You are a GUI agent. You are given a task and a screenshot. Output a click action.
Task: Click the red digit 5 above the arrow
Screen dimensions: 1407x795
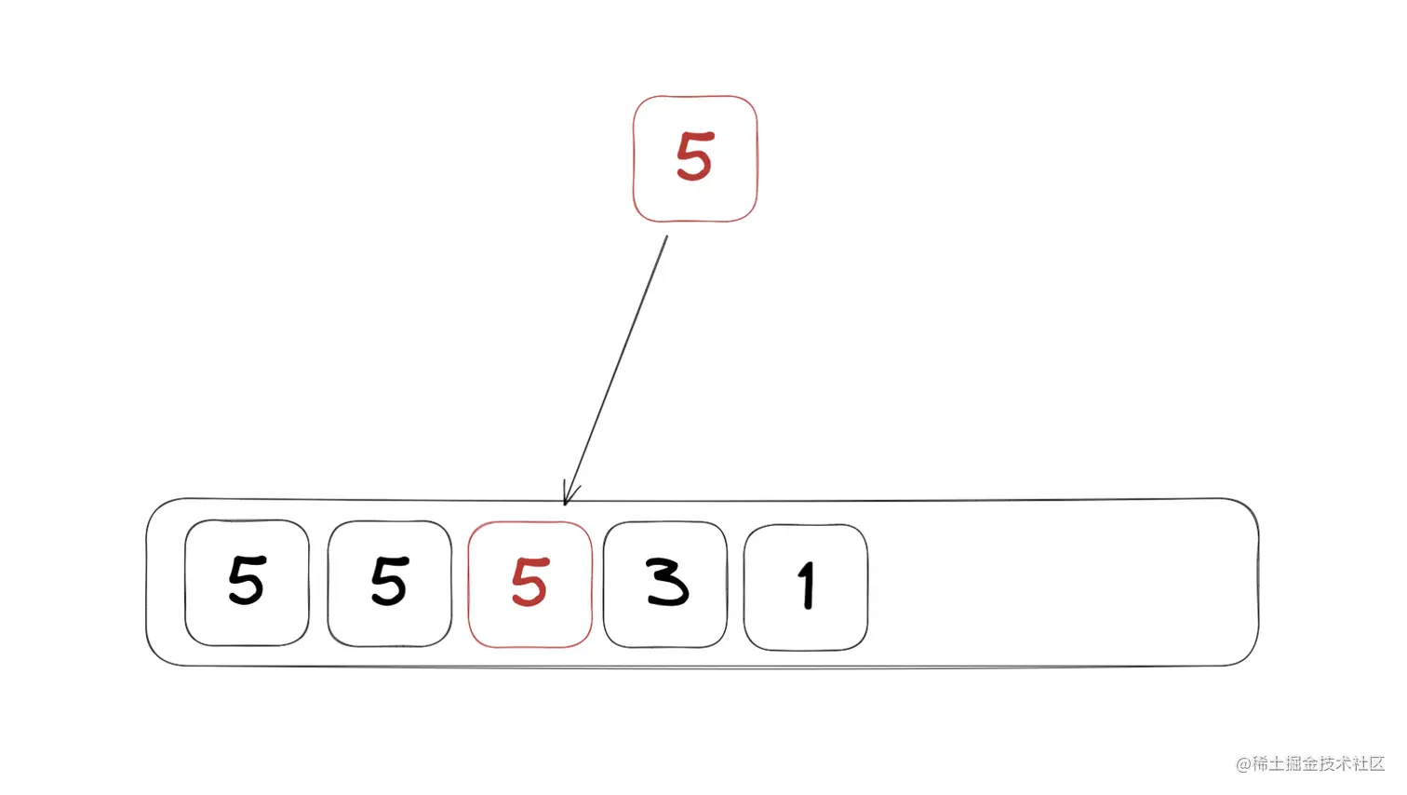tap(694, 156)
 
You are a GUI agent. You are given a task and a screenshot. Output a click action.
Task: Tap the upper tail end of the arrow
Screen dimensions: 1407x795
tap(666, 237)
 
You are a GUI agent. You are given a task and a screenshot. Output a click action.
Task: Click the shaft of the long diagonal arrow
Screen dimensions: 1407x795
tap(617, 368)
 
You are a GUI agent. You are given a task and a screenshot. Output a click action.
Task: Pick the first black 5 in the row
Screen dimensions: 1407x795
tap(247, 581)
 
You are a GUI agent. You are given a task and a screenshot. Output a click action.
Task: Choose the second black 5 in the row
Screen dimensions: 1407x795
tap(389, 581)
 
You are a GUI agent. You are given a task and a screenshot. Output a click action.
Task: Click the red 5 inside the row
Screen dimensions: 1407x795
tap(529, 583)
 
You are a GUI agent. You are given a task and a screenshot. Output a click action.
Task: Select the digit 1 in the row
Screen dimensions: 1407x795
tap(807, 586)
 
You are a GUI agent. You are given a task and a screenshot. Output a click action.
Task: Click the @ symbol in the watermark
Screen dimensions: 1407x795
tap(1243, 764)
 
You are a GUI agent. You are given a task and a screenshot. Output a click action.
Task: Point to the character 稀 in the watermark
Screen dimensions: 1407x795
tap(1260, 764)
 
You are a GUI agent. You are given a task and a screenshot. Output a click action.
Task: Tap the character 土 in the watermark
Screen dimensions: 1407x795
tap(1278, 764)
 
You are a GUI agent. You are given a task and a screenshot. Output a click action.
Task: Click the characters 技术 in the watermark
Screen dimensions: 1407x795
tap(1340, 764)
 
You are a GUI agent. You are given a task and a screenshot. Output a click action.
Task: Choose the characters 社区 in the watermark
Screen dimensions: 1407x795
tap(1374, 764)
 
